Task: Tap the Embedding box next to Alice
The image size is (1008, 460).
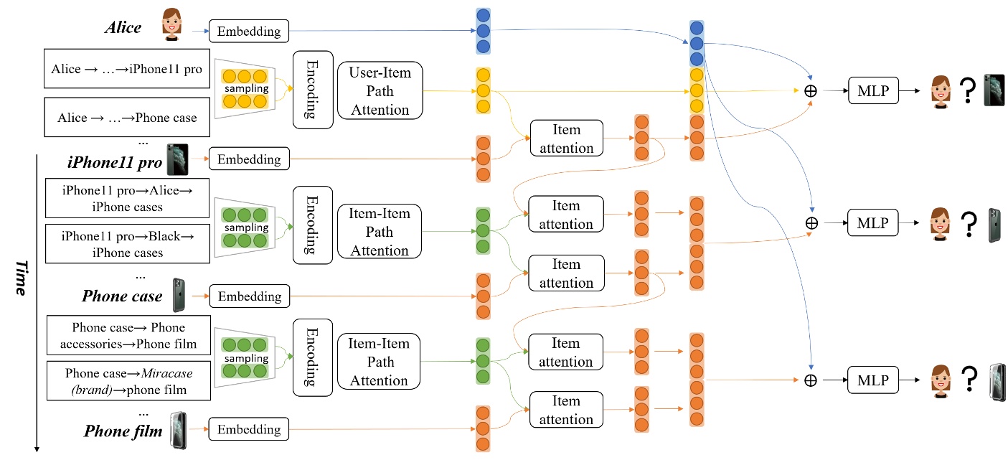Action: tap(248, 31)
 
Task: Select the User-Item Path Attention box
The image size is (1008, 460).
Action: tap(380, 91)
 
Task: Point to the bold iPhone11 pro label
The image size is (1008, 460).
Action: tap(115, 161)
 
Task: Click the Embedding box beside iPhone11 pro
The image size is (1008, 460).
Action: tap(248, 159)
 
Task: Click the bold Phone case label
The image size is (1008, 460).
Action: tap(122, 296)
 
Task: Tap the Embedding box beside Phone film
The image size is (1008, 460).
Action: tap(248, 429)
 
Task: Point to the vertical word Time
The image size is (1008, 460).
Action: tap(22, 280)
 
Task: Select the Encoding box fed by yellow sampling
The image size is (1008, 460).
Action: tap(313, 90)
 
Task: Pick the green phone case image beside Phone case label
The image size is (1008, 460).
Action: tap(178, 294)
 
